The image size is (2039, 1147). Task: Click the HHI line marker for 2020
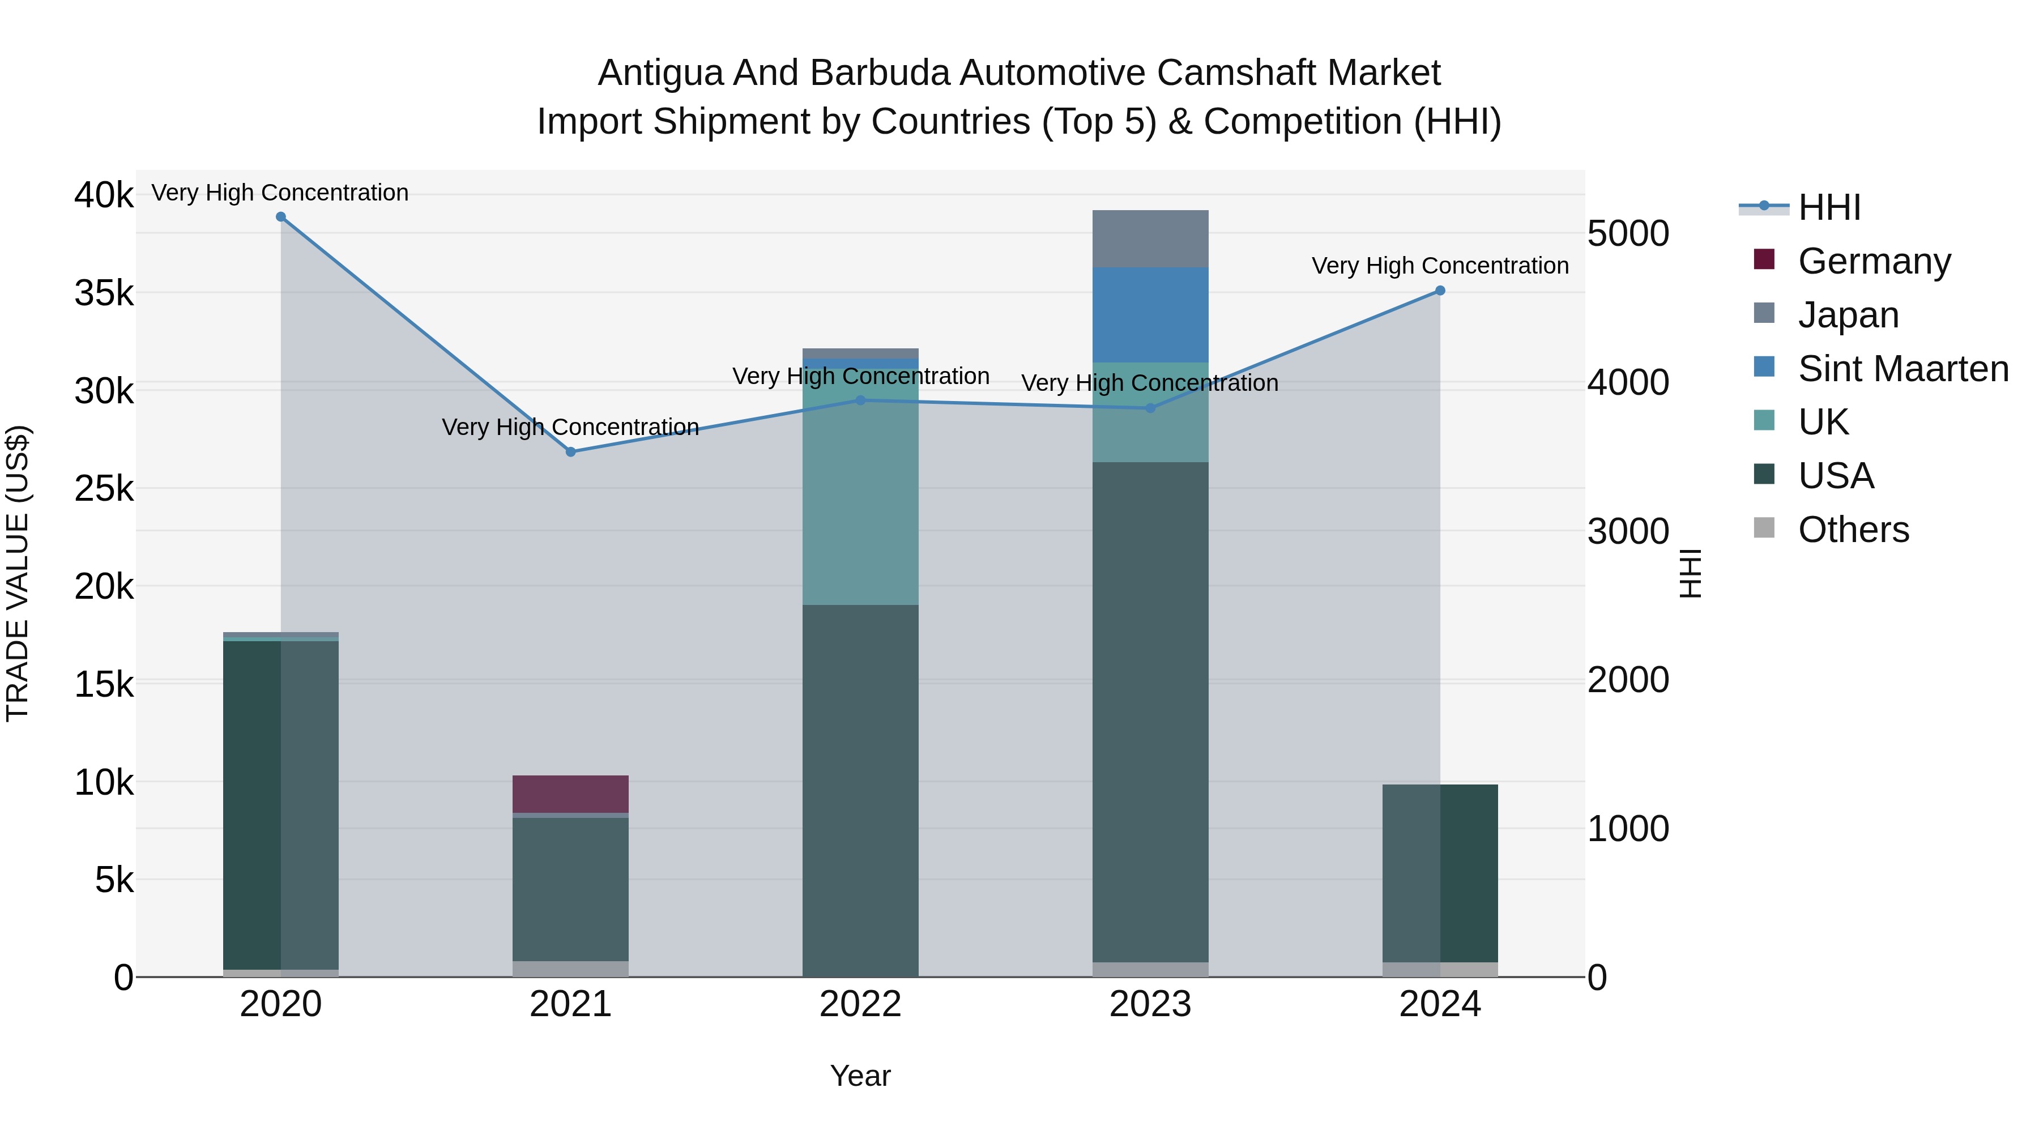(281, 217)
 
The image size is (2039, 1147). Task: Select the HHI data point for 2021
(571, 452)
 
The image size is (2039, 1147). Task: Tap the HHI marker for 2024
(1440, 291)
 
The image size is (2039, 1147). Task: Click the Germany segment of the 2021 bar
(571, 794)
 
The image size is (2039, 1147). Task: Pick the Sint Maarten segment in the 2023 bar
(1150, 315)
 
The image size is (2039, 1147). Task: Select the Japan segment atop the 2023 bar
(1150, 239)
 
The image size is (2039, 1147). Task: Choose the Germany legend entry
(1874, 261)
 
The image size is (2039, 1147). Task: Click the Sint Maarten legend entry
(1902, 368)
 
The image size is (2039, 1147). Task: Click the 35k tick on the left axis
(104, 293)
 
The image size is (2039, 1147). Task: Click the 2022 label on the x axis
(860, 1004)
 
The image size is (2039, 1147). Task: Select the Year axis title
(860, 1076)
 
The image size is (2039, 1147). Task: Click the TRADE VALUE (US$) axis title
(18, 573)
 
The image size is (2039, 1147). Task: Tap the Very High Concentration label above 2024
(1440, 266)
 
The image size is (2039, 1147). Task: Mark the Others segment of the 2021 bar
(571, 969)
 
